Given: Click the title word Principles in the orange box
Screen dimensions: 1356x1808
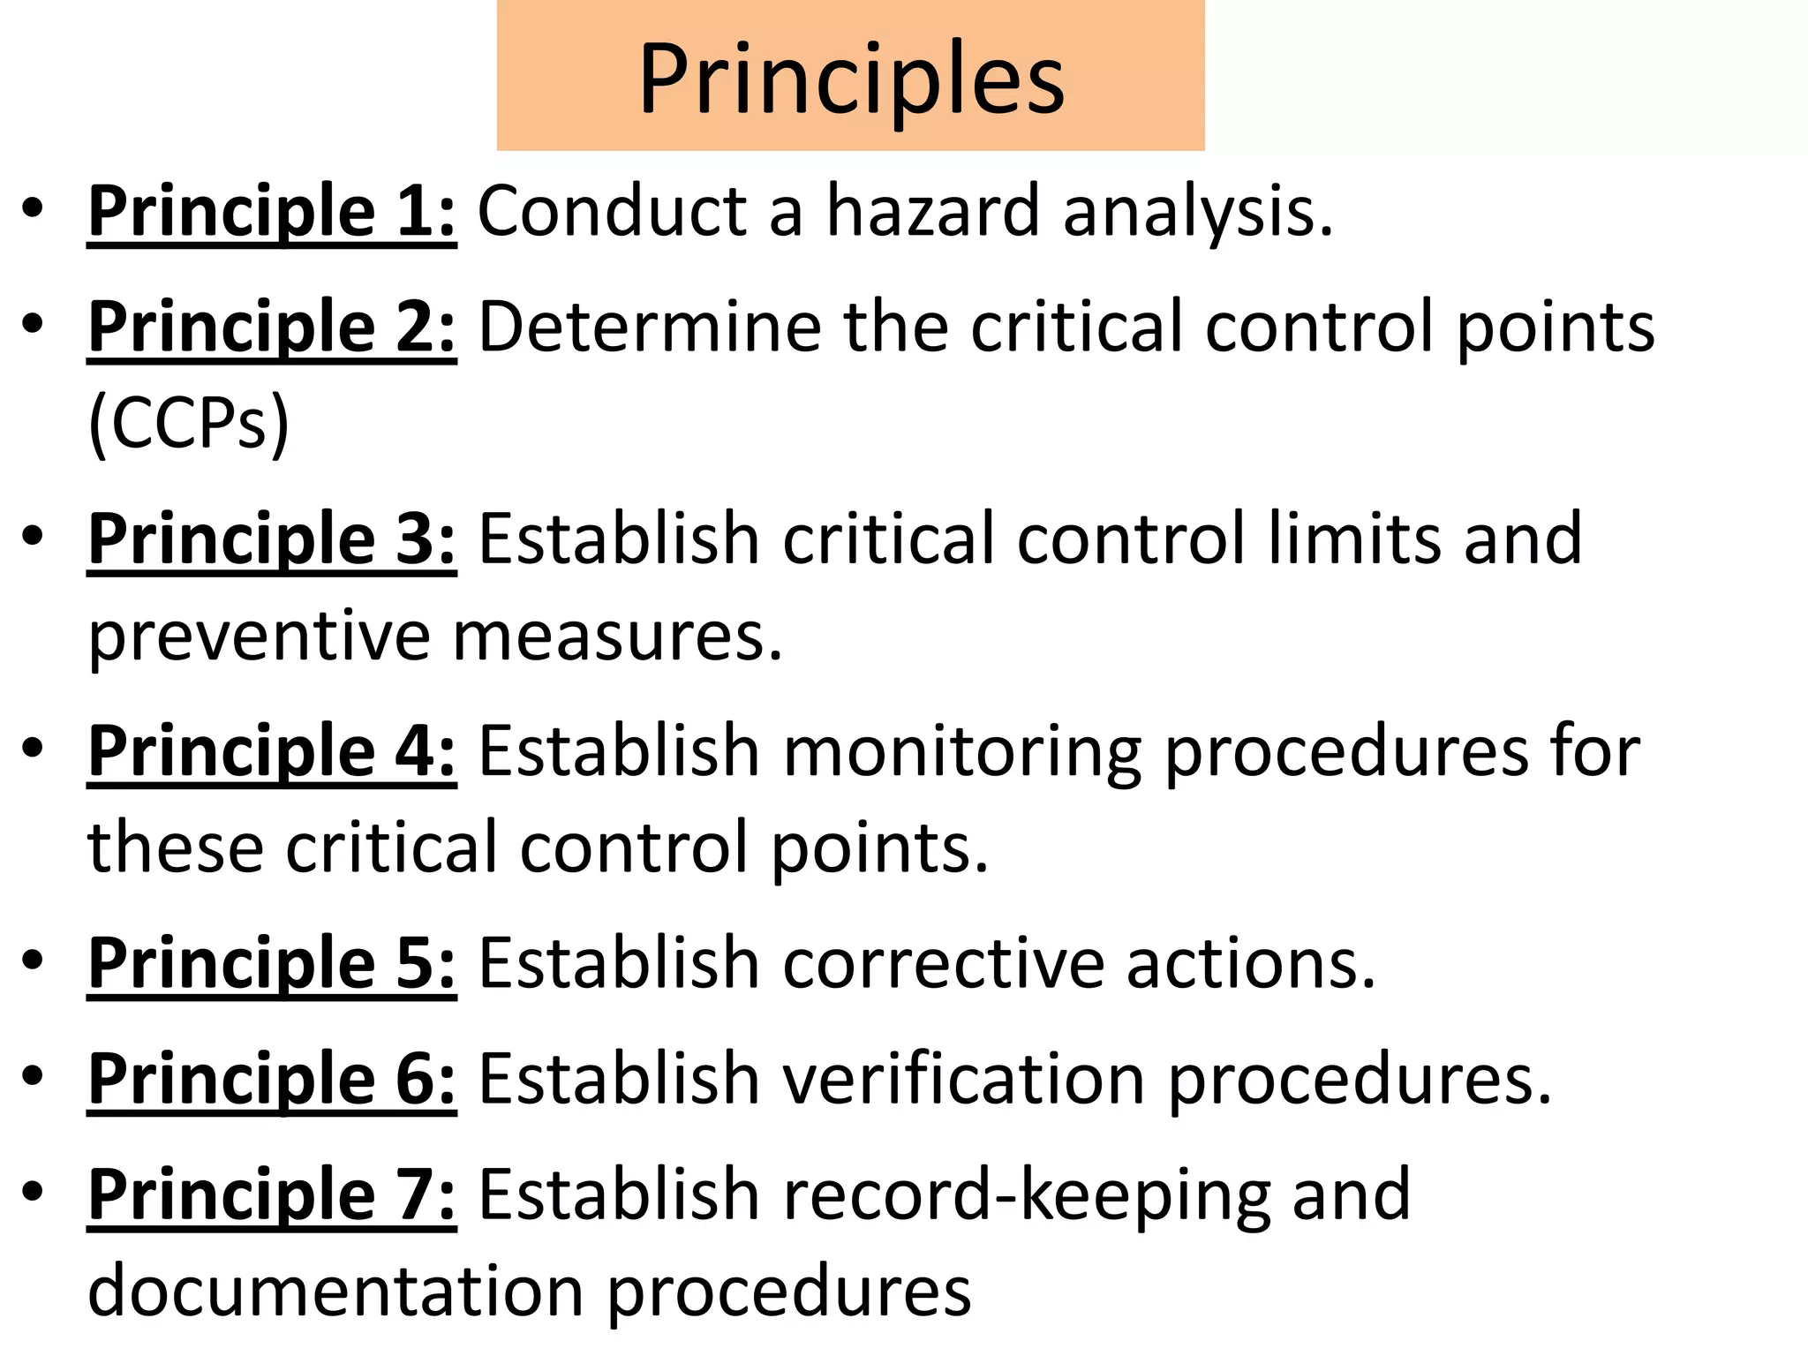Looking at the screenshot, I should click(852, 79).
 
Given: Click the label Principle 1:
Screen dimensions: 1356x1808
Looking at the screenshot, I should click(272, 211).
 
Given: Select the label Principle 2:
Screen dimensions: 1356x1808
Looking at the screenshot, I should click(272, 327).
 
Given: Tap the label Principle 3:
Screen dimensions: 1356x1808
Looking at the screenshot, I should click(272, 539).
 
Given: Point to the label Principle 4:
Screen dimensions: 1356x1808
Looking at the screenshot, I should click(272, 750).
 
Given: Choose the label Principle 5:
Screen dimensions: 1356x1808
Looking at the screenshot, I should click(272, 962).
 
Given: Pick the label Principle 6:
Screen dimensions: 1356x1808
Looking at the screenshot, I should click(272, 1078).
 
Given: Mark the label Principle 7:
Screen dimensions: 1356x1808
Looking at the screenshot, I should click(272, 1194).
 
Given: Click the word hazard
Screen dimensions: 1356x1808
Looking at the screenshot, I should click(933, 211).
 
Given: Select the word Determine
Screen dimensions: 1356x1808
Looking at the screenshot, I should click(650, 327).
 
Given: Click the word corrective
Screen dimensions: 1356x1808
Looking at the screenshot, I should click(943, 962).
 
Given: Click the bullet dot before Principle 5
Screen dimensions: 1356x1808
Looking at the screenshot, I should click(33, 960).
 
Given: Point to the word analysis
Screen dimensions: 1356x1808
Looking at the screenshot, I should click(1198, 213).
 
